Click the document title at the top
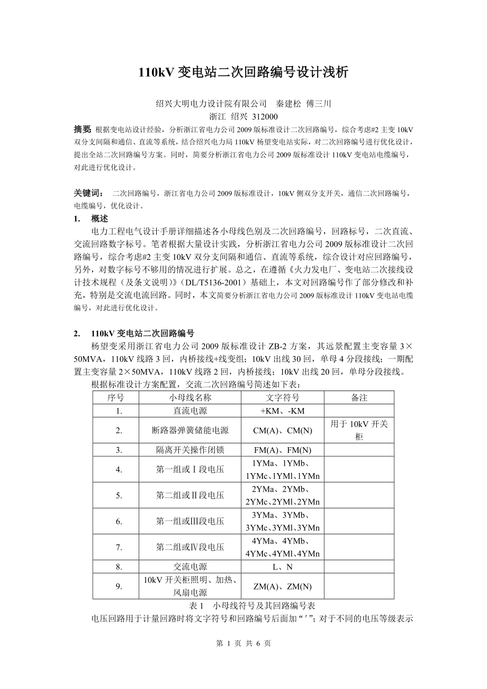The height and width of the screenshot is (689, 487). point(243,72)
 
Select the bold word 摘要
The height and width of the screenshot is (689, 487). point(82,130)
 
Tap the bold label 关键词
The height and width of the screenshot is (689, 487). point(88,194)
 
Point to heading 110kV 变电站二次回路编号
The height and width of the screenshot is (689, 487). point(142,333)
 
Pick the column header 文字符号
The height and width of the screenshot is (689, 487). point(282,397)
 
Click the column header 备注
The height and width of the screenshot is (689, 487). point(359,397)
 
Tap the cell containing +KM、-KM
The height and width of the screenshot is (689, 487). point(282,411)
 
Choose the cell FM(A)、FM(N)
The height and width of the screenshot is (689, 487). point(282,450)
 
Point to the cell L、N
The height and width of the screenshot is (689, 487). point(282,567)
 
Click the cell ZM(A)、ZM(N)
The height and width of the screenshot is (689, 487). point(282,586)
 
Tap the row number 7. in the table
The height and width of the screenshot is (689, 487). point(119,547)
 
